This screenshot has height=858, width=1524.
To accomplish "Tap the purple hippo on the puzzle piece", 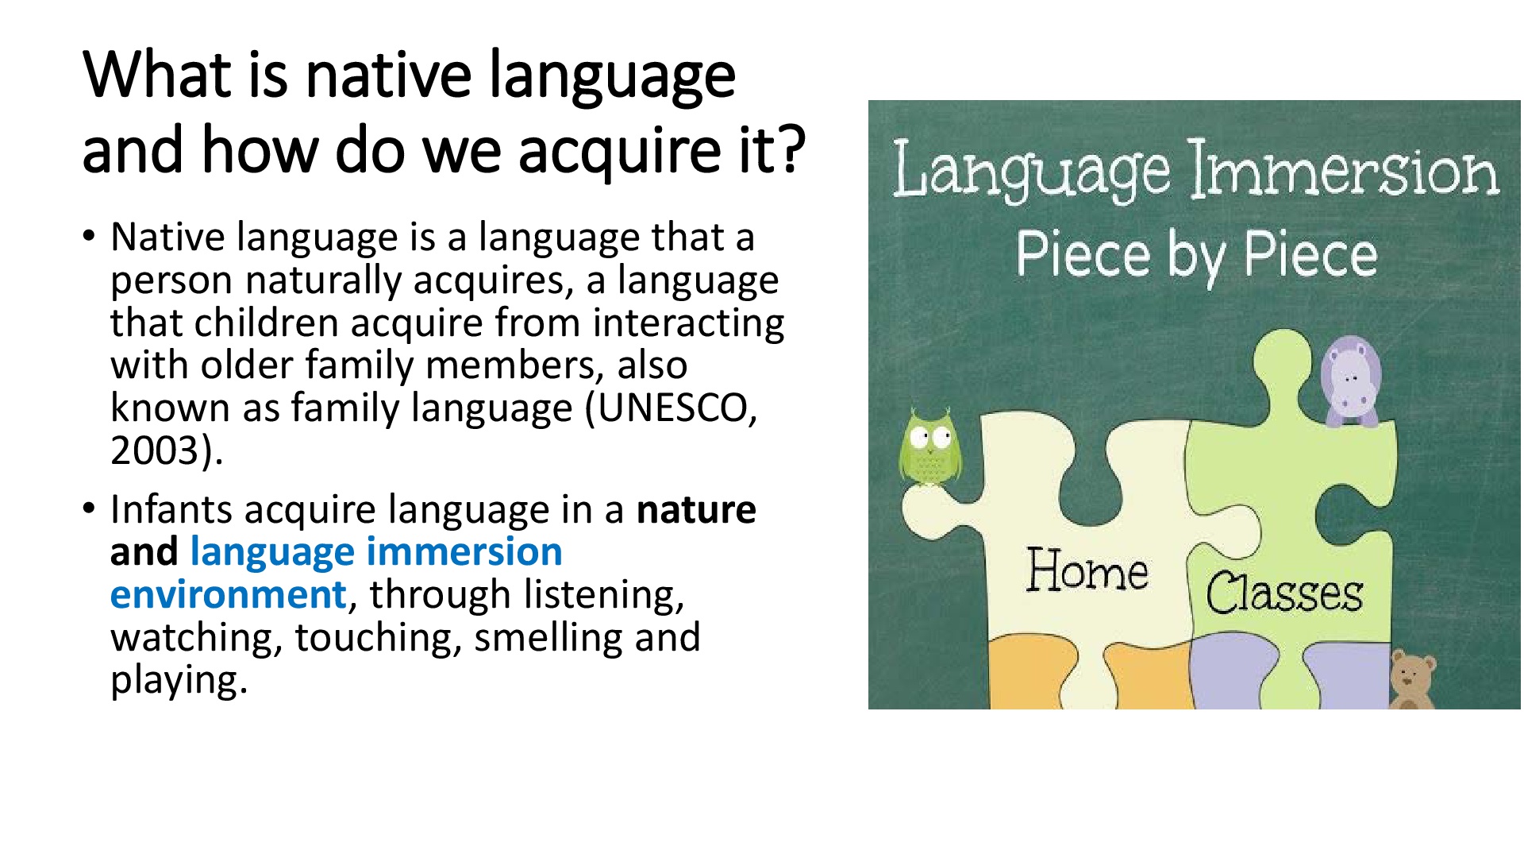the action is coord(1350,381).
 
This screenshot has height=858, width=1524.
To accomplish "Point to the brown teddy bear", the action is coord(1412,680).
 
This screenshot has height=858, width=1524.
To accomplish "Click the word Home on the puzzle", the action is coord(1087,570).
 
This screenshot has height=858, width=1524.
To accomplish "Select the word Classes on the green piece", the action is coord(1283,593).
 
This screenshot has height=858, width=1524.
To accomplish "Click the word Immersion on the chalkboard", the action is coord(1343,169).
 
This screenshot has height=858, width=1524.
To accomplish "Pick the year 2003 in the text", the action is coord(155,450).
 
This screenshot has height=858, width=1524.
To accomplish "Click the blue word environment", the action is coord(229,595).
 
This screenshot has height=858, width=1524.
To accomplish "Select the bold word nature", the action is coord(696,510).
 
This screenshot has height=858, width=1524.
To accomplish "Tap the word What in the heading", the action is coord(156,74).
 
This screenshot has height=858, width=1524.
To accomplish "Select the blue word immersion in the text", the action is coord(464,552).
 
